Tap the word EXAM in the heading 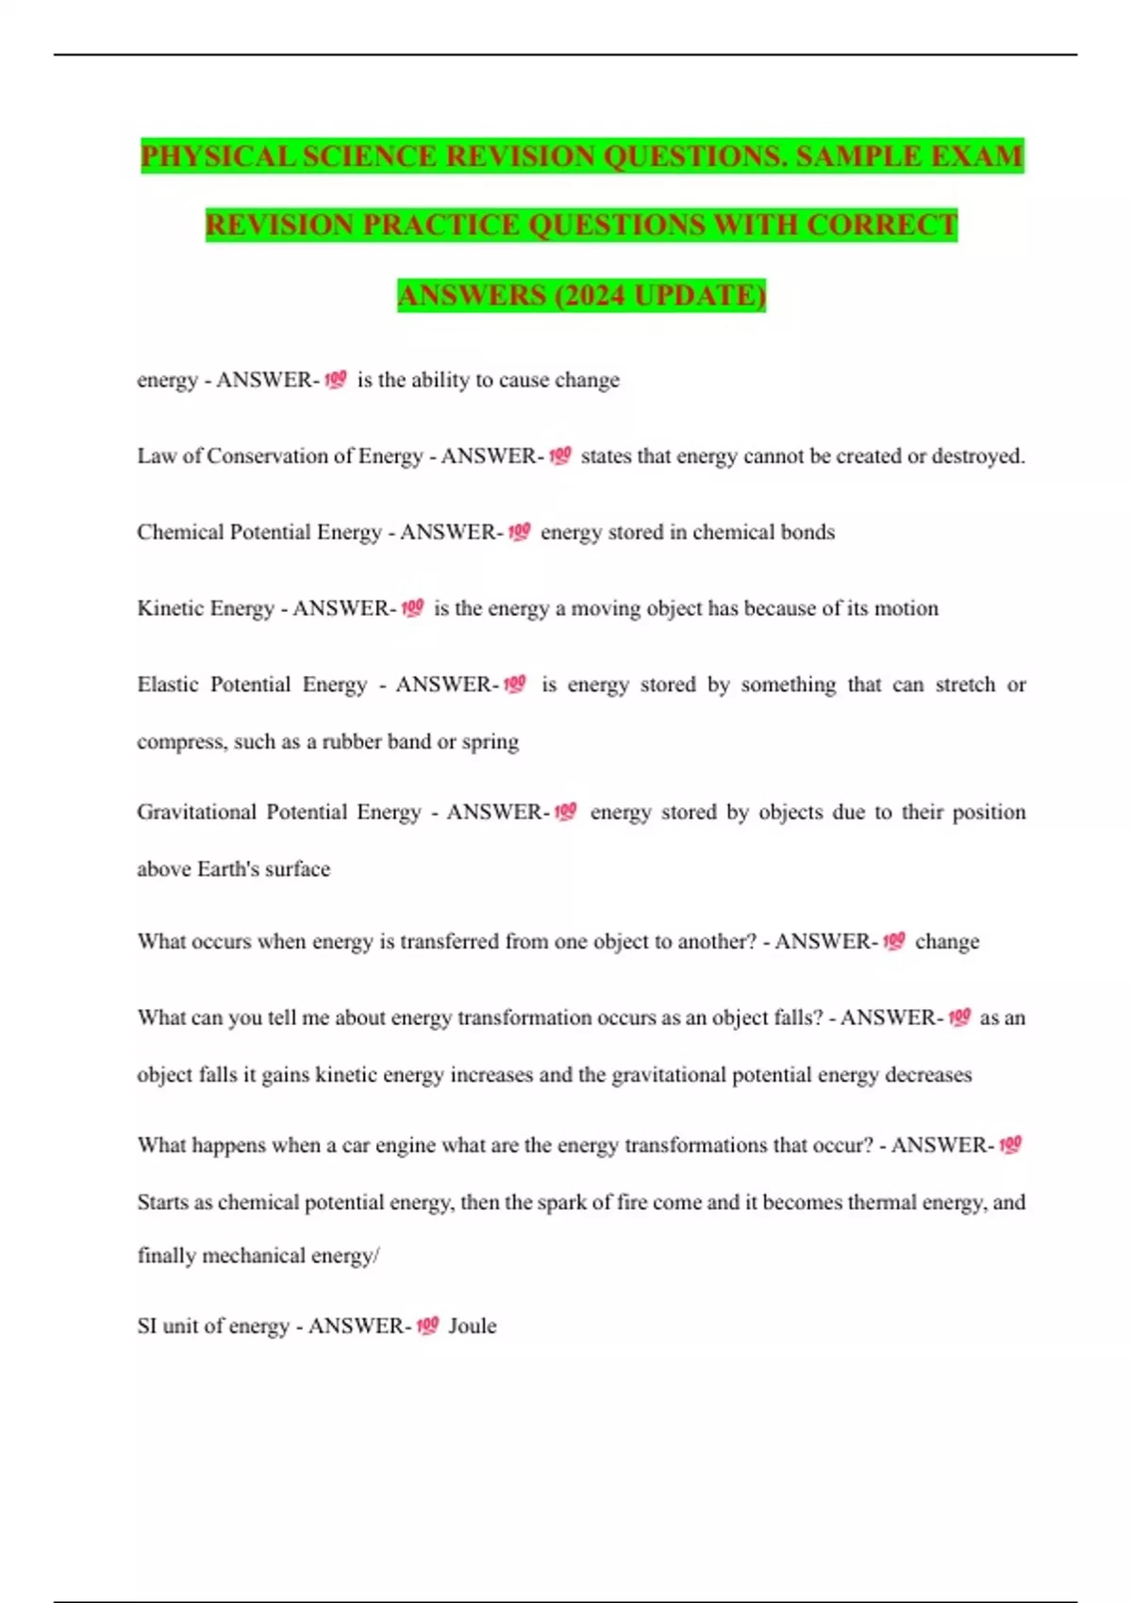976,156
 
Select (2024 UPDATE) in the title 660,295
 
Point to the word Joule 472,1326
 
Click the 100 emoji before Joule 427,1326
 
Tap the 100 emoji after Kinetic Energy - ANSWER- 412,608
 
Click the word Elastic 168,685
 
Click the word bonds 807,532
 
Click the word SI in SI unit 147,1326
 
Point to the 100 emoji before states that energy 559,456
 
